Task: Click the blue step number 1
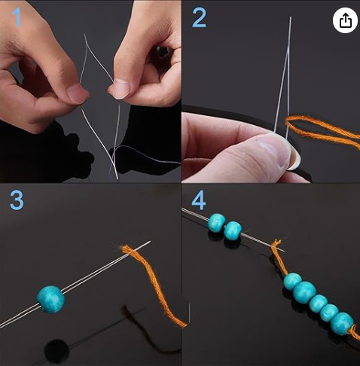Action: [x=17, y=17]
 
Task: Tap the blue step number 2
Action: [x=199, y=17]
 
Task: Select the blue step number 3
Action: [x=17, y=200]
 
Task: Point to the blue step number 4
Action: [x=199, y=200]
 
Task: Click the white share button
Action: [x=345, y=20]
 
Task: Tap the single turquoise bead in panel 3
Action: [x=51, y=299]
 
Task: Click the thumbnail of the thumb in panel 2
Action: [x=294, y=157]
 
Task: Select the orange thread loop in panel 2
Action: [x=322, y=130]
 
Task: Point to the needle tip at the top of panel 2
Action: [x=291, y=17]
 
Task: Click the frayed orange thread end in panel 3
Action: [x=124, y=248]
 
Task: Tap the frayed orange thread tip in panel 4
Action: [x=277, y=242]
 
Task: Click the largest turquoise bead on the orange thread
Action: [x=304, y=292]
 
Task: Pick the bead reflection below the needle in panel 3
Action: [x=56, y=351]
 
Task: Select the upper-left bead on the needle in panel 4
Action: [x=217, y=223]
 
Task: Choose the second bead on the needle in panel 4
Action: [x=233, y=230]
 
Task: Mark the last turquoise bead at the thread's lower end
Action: [x=342, y=324]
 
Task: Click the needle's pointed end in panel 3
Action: [x=150, y=242]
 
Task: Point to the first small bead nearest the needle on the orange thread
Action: [x=292, y=281]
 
